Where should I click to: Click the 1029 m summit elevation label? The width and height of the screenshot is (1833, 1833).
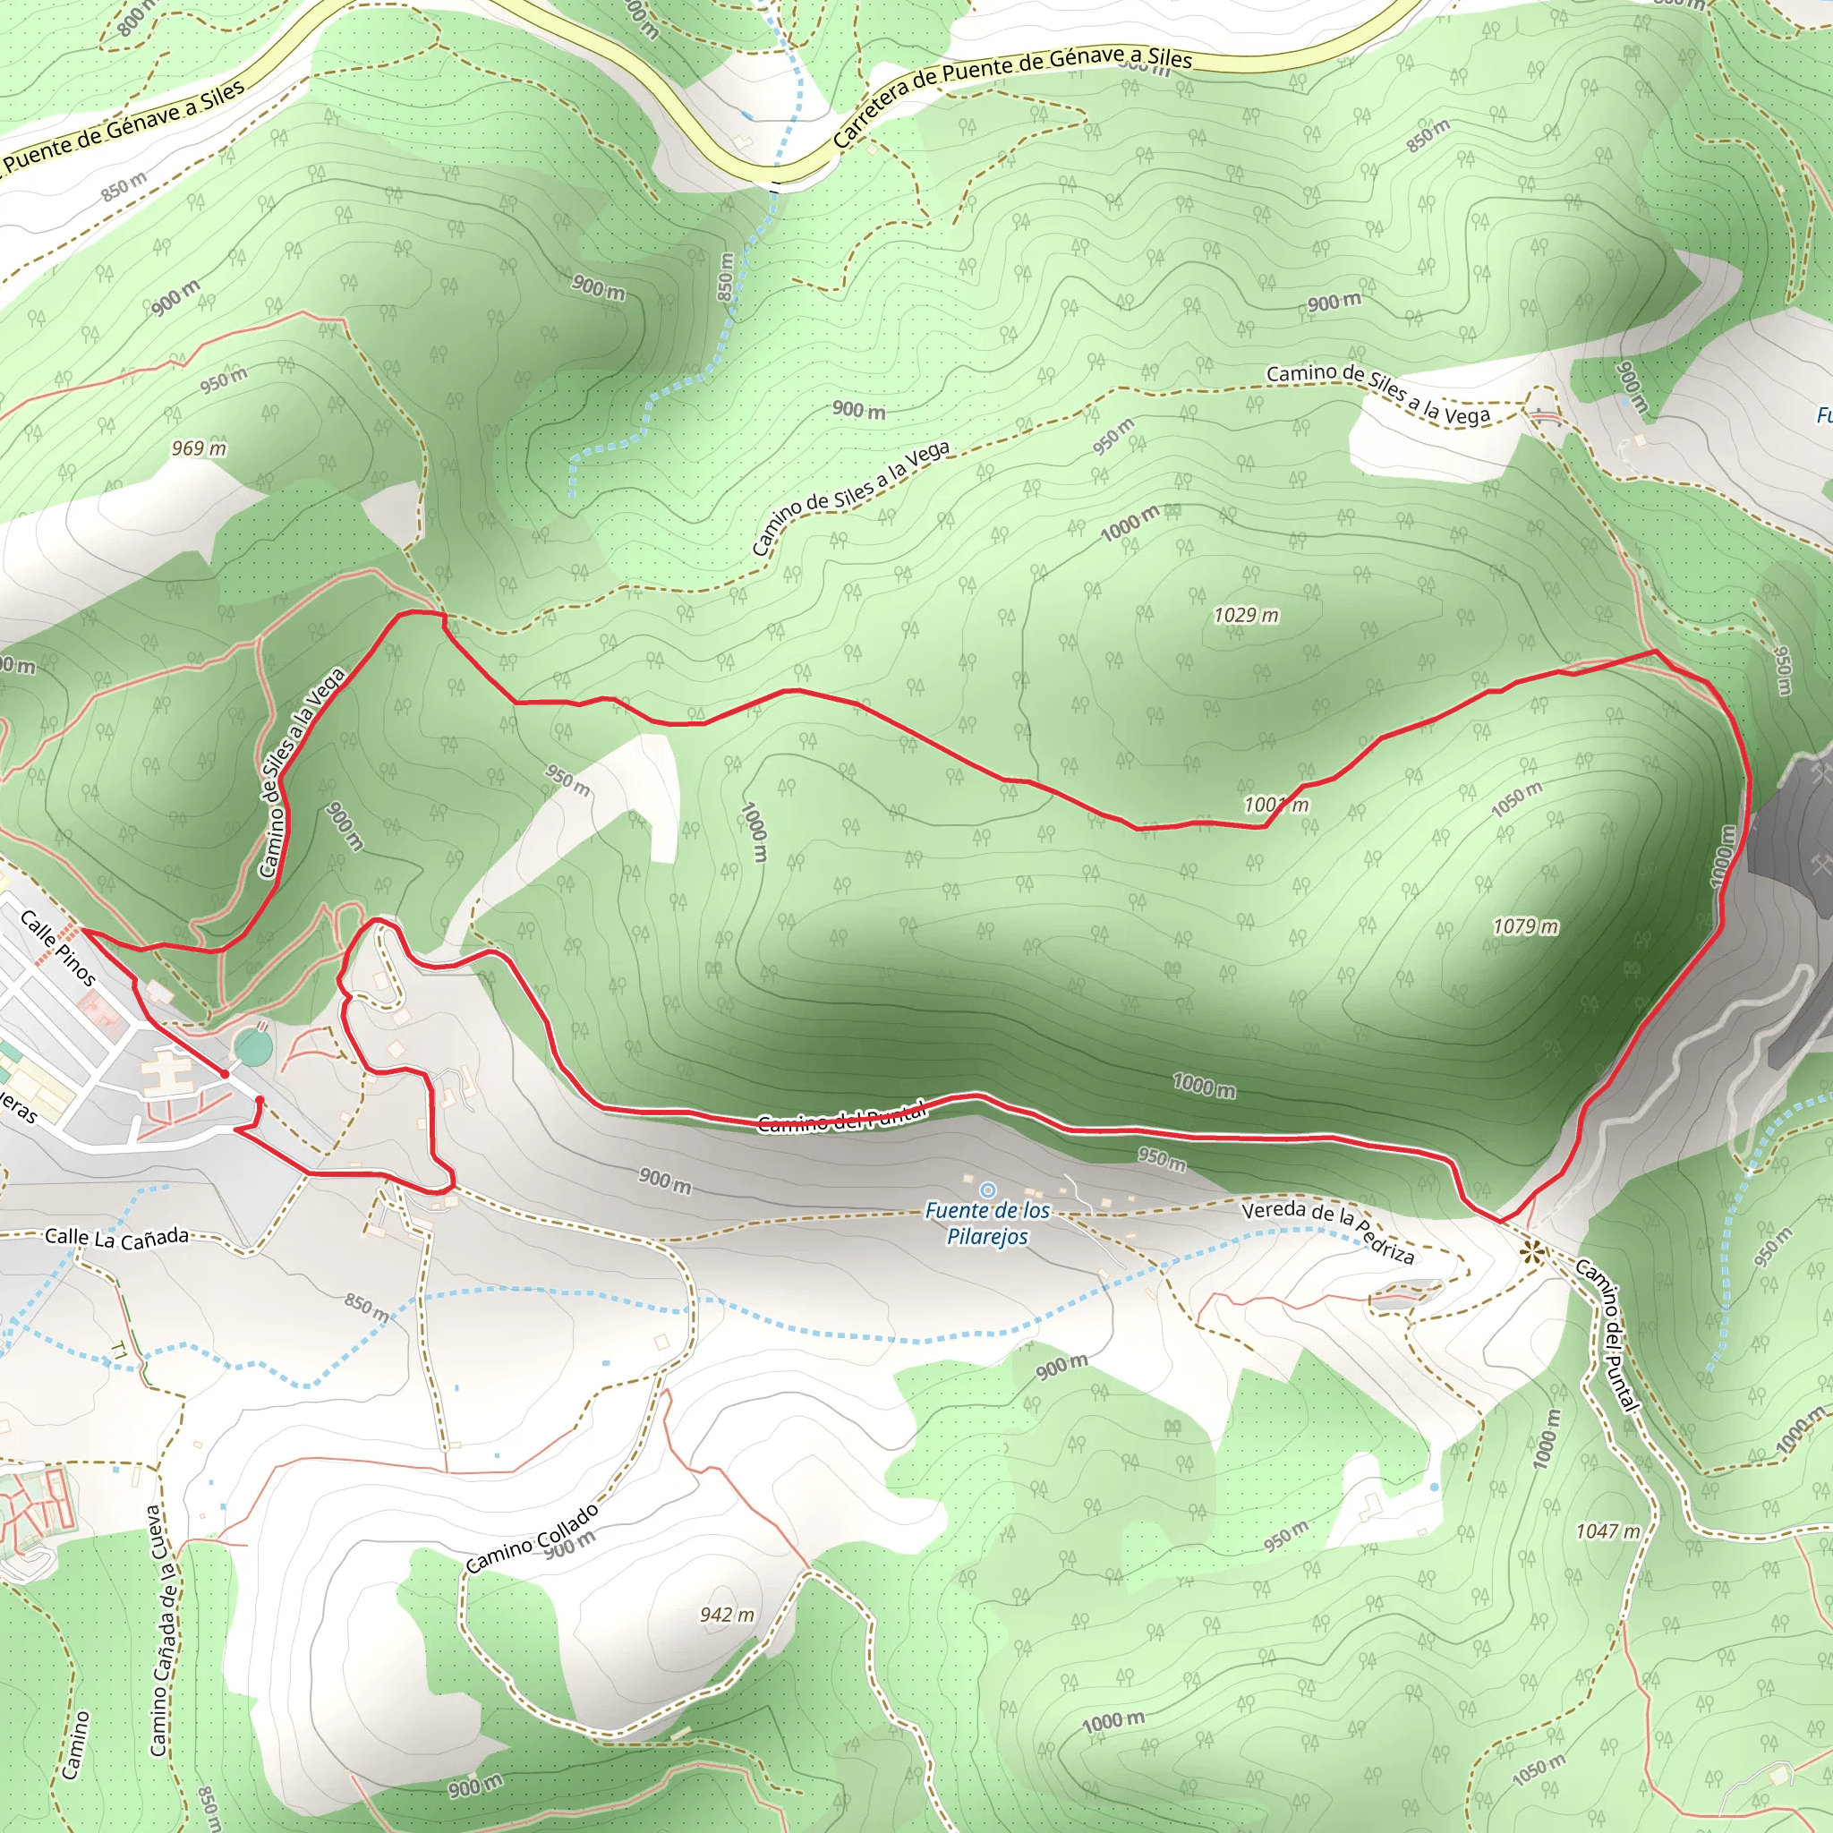click(x=1246, y=616)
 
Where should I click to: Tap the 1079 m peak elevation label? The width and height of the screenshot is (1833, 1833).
click(x=1526, y=927)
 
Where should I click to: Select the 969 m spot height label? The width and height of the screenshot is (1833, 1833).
click(x=200, y=448)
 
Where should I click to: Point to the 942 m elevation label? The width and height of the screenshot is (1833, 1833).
click(x=728, y=1615)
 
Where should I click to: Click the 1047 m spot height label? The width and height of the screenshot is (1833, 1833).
click(x=1607, y=1531)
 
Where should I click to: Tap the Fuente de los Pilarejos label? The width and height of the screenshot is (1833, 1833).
click(x=988, y=1223)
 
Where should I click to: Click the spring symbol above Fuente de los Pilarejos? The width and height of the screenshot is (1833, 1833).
click(x=988, y=1189)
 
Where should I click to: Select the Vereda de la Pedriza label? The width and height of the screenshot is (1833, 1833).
click(x=1328, y=1232)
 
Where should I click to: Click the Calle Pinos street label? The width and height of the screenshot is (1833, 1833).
click(x=58, y=948)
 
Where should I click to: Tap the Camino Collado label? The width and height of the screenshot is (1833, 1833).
click(x=533, y=1538)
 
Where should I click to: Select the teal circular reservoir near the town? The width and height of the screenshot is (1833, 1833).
click(x=252, y=1048)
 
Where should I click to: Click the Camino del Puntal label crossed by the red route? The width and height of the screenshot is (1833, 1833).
click(x=841, y=1120)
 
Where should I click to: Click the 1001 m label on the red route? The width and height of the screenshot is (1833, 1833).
click(x=1276, y=806)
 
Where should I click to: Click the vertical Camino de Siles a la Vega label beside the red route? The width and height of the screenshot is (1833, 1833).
click(x=301, y=772)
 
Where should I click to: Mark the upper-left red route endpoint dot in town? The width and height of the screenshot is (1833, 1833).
click(x=225, y=1073)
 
